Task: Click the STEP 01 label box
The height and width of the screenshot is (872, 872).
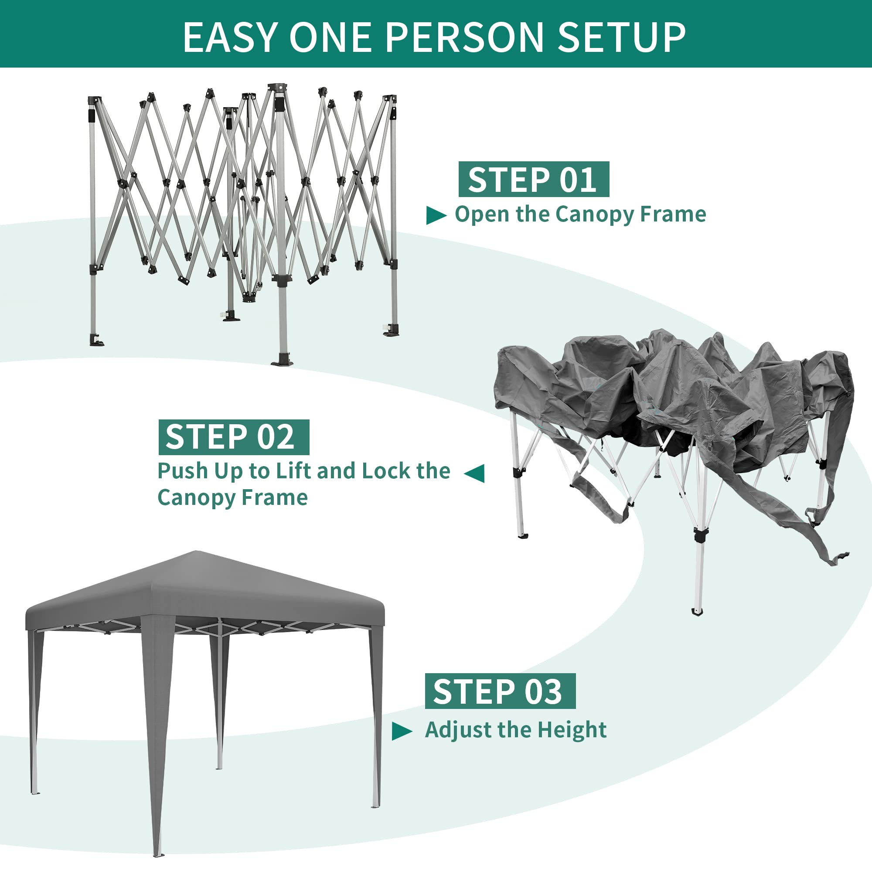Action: pos(534,179)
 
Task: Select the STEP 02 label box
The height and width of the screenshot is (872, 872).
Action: pos(234,437)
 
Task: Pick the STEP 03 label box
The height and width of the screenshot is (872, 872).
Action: pos(500,691)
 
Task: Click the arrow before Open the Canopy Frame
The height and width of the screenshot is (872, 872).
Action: pos(436,215)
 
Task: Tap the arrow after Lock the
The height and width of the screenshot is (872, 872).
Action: pos(474,473)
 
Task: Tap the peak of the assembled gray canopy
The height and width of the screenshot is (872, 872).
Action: pos(196,551)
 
